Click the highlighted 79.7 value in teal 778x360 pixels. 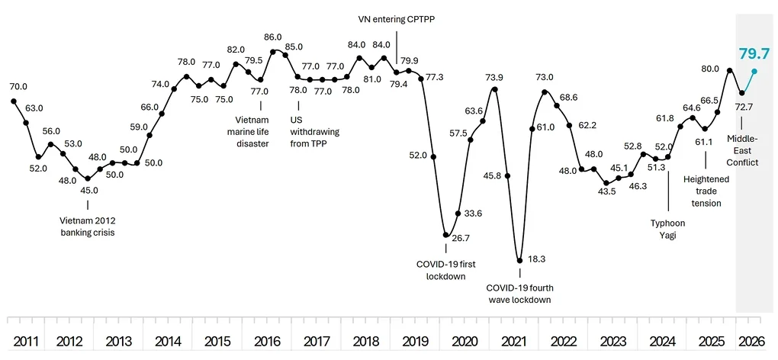pos(754,53)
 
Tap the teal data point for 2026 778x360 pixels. pos(754,71)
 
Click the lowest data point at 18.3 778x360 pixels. pos(519,260)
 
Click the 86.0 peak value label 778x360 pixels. pos(273,37)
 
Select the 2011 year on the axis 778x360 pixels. pos(26,341)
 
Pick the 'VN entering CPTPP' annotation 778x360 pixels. pos(397,19)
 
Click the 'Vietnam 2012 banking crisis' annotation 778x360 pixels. pos(87,226)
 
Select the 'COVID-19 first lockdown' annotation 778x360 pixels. pos(446,270)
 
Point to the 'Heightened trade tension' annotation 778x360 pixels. pos(706,191)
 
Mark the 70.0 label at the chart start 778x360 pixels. pos(18,87)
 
